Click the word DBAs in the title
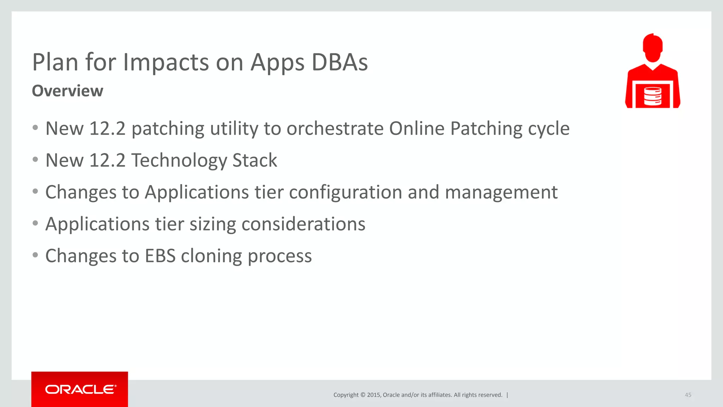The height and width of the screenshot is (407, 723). point(340,63)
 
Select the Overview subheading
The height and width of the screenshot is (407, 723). point(67,91)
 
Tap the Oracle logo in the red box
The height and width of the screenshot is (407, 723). point(80,389)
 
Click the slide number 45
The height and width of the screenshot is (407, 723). point(688,395)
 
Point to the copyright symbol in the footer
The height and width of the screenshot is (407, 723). point(363,395)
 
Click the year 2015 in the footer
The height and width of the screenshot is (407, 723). point(373,395)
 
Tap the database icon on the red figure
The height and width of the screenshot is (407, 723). point(652,96)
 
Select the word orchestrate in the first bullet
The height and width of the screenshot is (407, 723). point(335,128)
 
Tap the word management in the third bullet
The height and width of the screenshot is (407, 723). point(501,193)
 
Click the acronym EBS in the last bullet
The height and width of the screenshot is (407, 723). point(160,256)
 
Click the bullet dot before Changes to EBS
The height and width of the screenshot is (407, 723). point(35,255)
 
